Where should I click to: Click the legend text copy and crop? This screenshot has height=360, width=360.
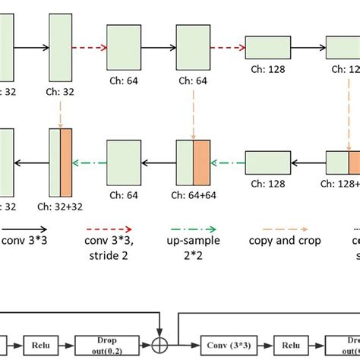tap(285, 241)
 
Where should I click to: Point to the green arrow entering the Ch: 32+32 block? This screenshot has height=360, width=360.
tap(90, 161)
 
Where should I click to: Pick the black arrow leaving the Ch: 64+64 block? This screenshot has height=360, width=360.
tap(159, 161)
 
